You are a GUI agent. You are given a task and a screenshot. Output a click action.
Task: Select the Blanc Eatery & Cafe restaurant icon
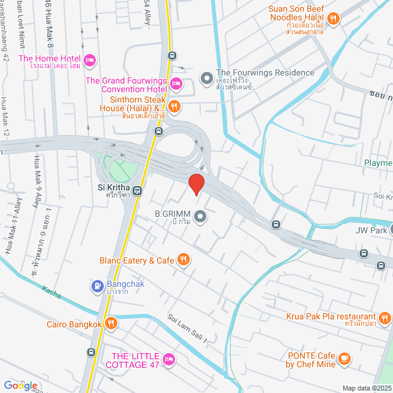(183, 260)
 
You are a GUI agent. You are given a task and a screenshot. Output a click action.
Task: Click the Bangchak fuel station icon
(98, 286)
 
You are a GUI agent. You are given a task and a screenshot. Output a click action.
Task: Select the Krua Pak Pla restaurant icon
(384, 317)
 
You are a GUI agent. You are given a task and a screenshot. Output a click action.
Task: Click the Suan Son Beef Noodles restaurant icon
(333, 19)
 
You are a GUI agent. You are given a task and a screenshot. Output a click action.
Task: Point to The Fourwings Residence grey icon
(206, 79)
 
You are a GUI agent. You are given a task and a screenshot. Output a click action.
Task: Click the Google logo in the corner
(20, 385)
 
